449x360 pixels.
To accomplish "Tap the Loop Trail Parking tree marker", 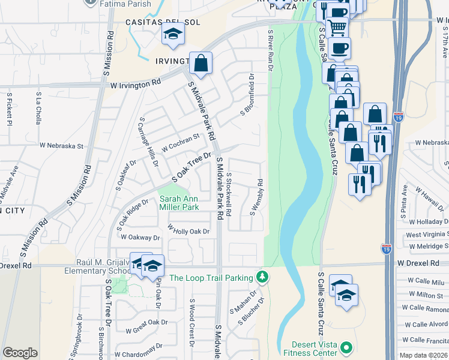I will point(262,277).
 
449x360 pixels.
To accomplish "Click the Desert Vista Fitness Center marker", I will point(346,348).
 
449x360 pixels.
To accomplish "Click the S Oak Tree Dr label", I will point(193,168).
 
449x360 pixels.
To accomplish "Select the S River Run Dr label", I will point(271,52).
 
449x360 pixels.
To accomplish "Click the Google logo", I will point(20,352).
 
